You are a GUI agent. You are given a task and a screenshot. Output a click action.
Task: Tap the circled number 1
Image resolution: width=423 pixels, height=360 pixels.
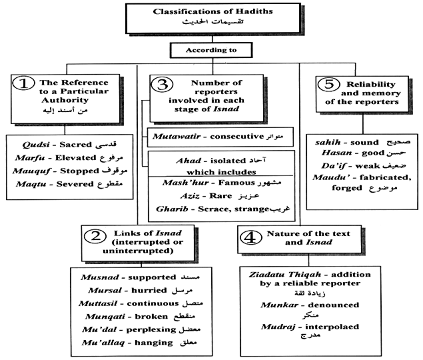[24, 85]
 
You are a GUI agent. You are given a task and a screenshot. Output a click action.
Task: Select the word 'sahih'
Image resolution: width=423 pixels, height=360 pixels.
[326, 142]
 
